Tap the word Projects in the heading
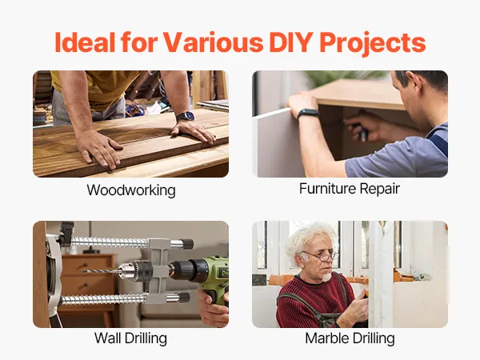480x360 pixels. (373, 43)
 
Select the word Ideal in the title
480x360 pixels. (85, 42)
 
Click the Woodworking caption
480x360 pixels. (131, 190)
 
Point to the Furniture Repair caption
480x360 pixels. (350, 189)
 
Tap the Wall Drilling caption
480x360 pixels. (130, 338)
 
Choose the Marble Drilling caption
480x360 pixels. (350, 338)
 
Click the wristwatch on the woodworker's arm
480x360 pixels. (186, 117)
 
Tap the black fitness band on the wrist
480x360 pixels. (308, 114)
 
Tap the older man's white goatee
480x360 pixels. (326, 277)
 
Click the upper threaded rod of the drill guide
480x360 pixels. (110, 242)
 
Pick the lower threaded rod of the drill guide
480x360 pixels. (104, 298)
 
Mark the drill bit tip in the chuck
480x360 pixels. (83, 271)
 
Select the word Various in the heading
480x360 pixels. (213, 42)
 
